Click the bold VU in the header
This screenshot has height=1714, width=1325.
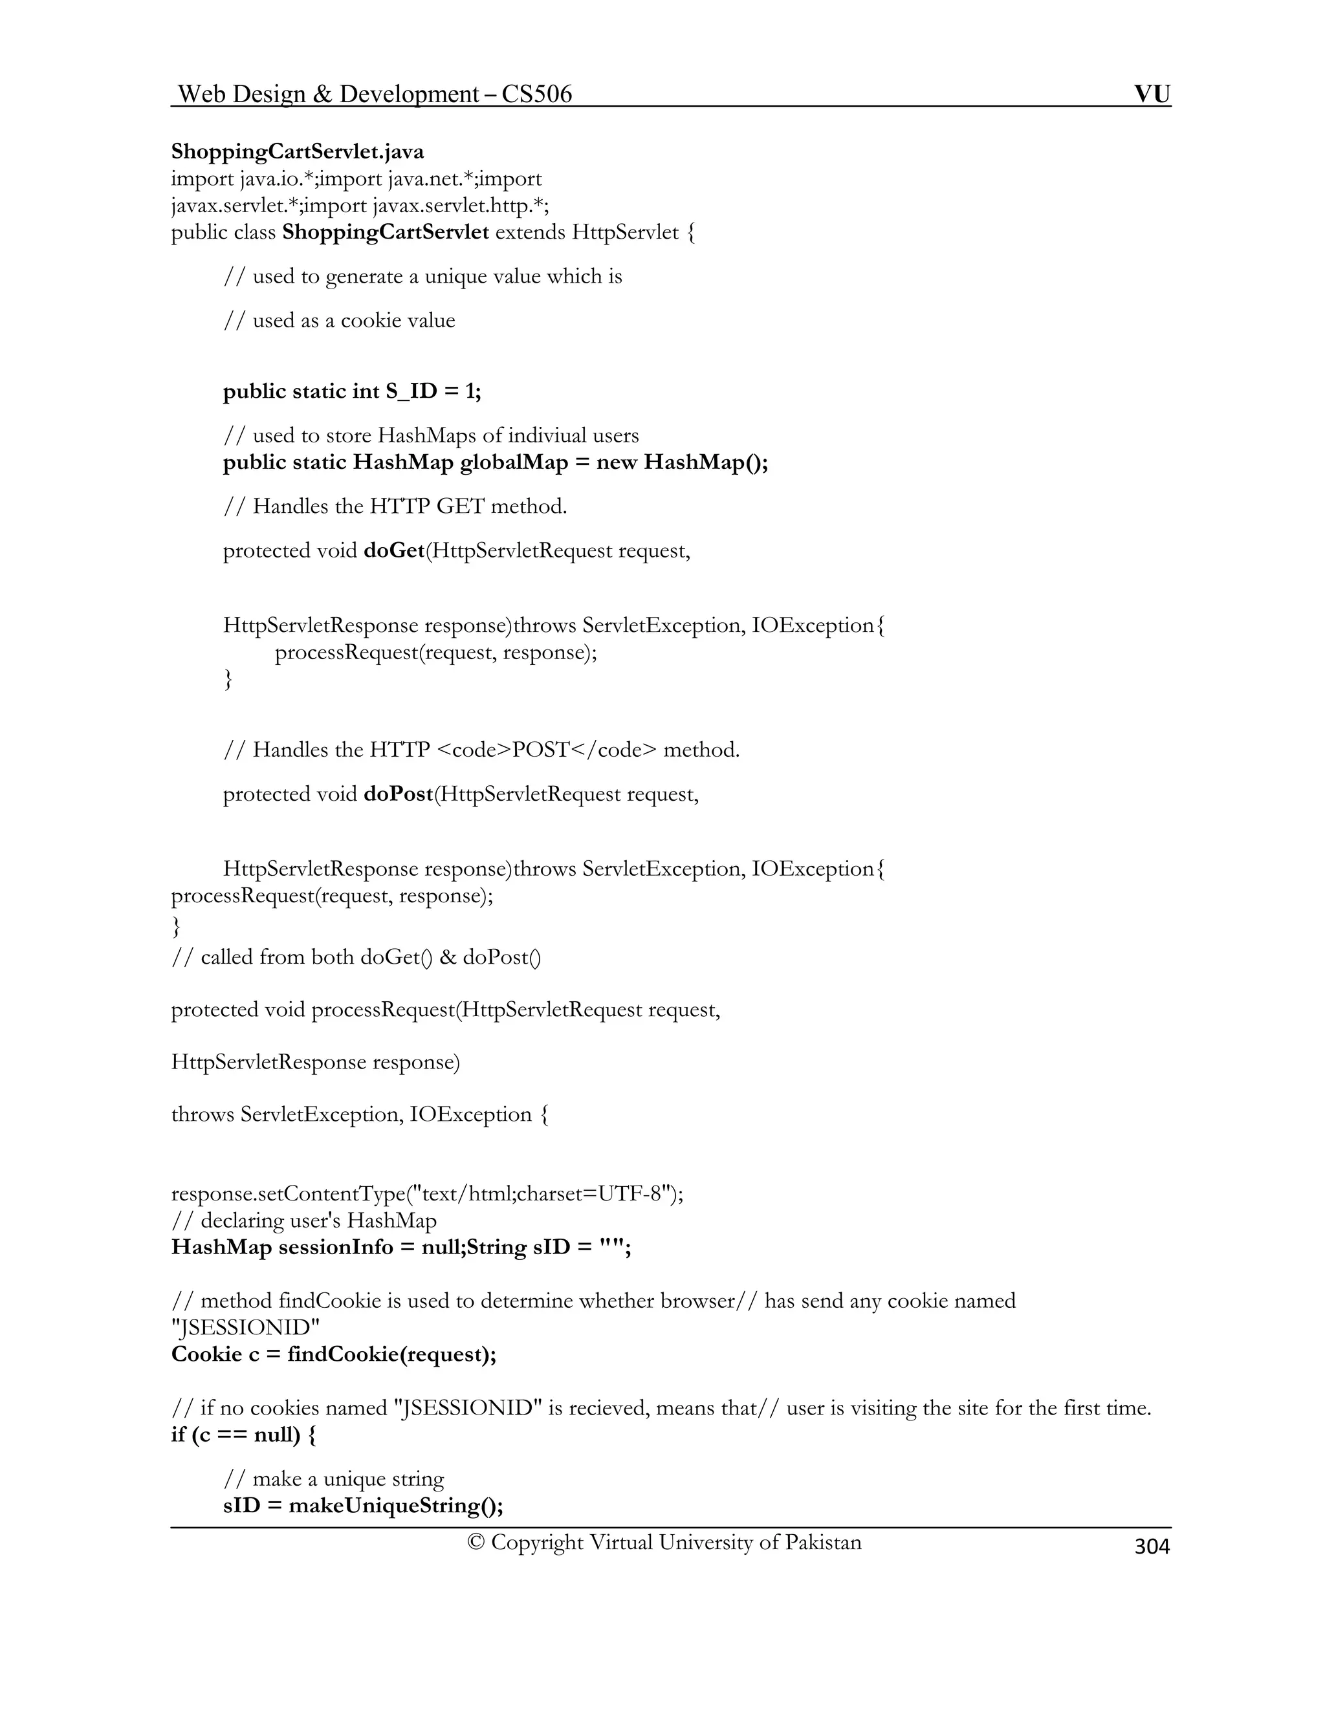(1152, 94)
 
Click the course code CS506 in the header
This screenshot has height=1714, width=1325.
(537, 94)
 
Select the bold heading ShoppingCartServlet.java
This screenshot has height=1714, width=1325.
(298, 151)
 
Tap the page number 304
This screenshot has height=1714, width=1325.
(1152, 1546)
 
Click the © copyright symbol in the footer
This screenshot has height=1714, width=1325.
(475, 1542)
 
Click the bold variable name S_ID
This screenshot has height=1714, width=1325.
(411, 391)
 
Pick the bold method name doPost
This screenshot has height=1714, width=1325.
(399, 794)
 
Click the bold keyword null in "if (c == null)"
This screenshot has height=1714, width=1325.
(276, 1435)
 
